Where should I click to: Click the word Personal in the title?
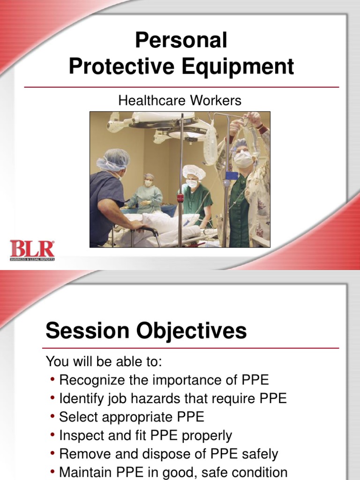tap(181, 41)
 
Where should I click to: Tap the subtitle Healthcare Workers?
tap(180, 100)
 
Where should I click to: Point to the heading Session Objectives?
tap(146, 331)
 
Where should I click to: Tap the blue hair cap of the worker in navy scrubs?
tap(113, 159)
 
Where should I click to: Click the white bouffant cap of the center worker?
tap(193, 172)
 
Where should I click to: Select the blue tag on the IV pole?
tap(231, 175)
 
